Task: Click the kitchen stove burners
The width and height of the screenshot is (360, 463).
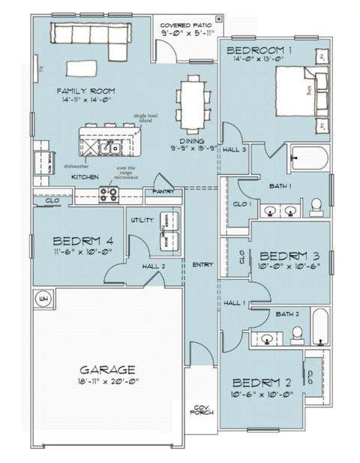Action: click(109, 194)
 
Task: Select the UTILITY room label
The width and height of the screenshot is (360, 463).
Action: click(142, 220)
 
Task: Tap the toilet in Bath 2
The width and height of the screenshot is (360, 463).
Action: click(297, 333)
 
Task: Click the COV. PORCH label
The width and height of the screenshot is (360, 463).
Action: click(202, 411)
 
